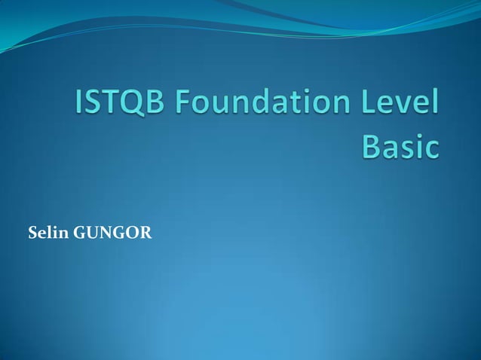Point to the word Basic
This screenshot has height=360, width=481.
400,146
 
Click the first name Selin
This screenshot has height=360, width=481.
47,234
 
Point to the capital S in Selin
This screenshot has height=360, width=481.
33,234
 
